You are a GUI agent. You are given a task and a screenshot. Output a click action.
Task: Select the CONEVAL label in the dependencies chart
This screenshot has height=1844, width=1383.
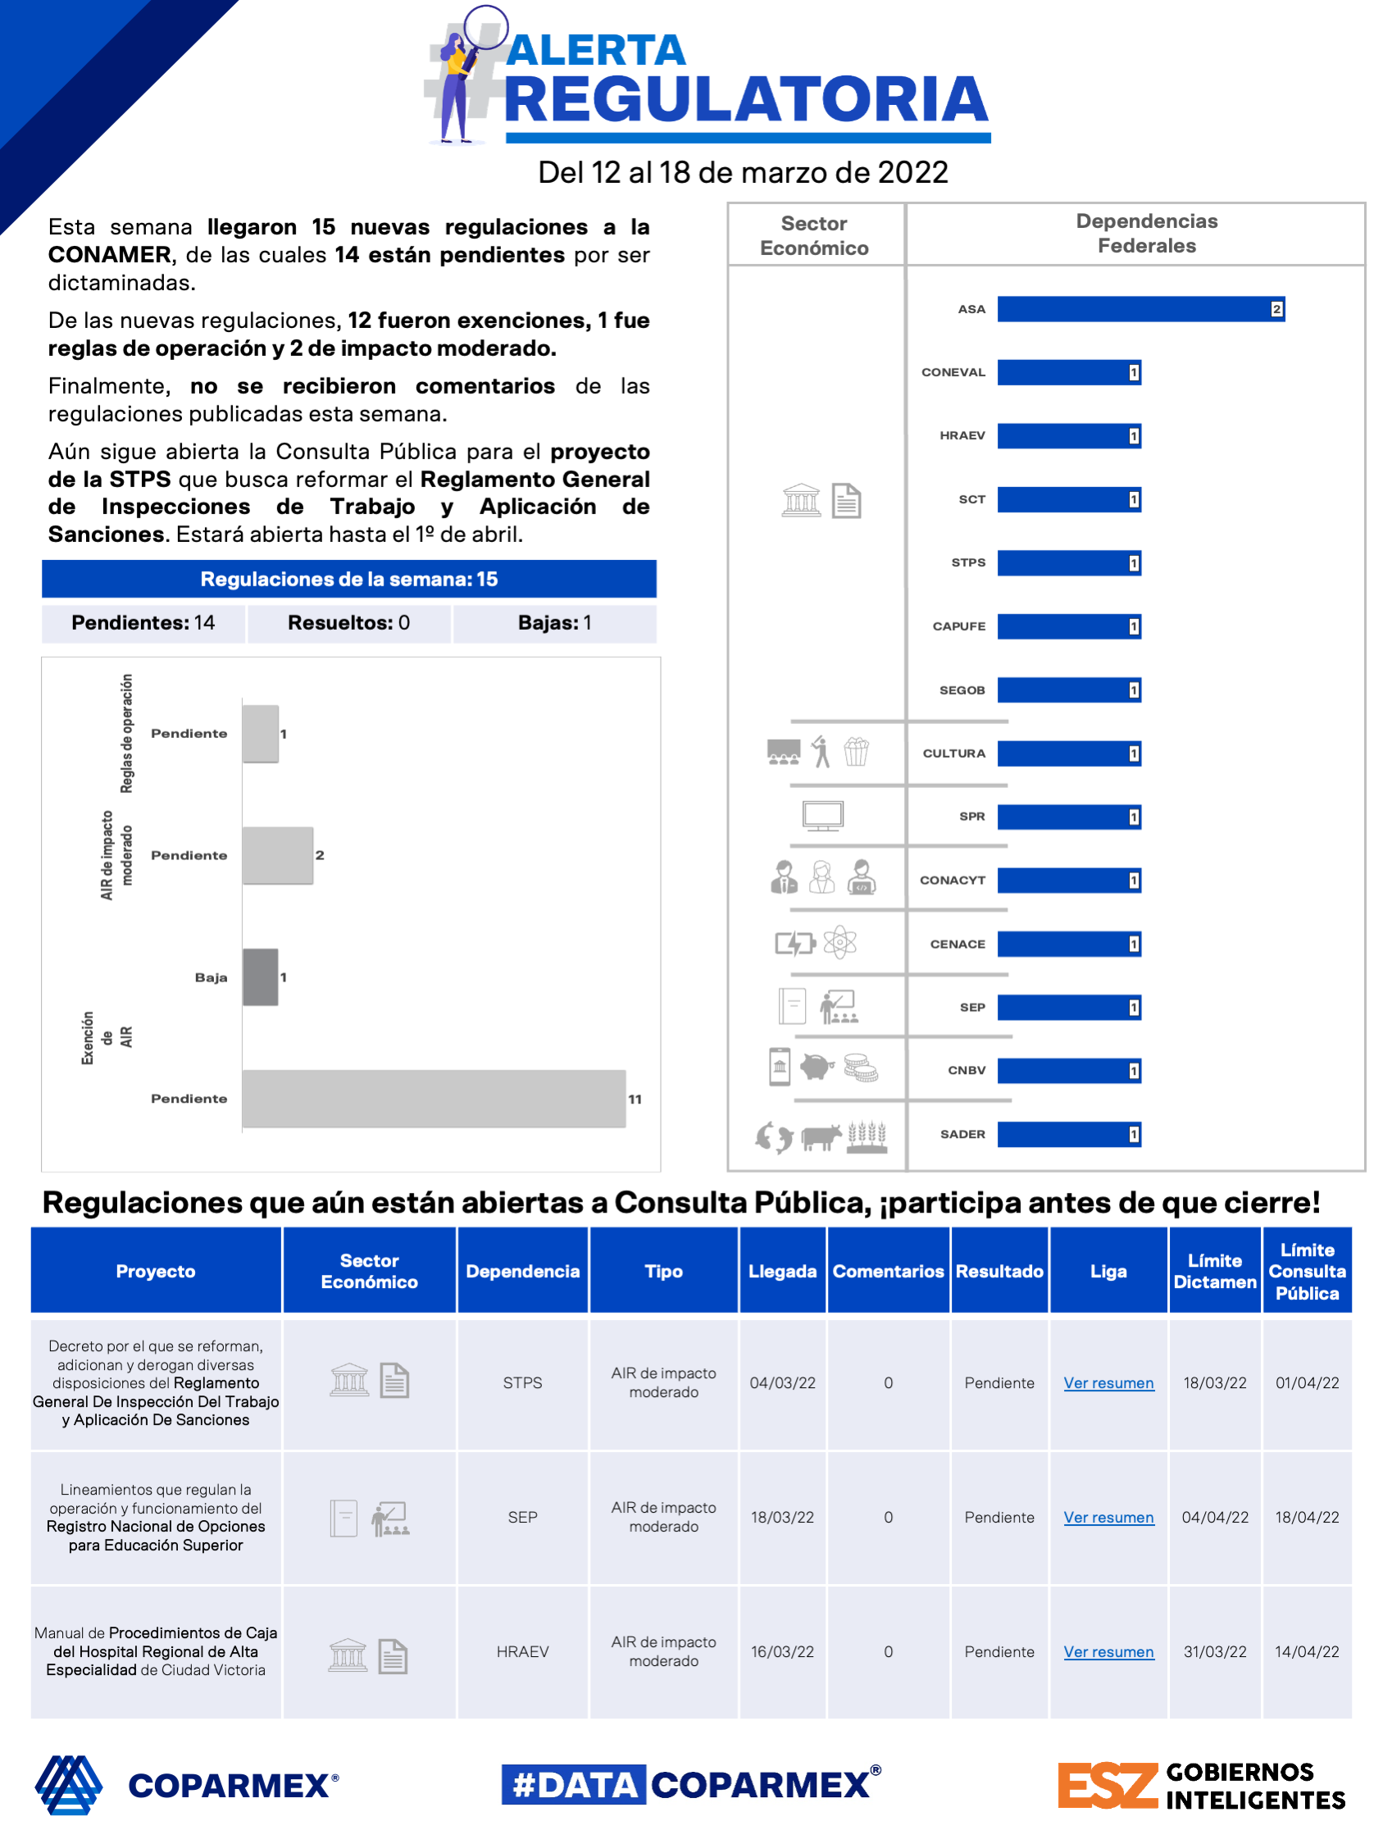point(953,372)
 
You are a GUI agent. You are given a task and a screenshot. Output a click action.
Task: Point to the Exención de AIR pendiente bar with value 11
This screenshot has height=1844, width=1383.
point(434,1099)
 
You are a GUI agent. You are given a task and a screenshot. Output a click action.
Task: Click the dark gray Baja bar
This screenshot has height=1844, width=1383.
point(260,977)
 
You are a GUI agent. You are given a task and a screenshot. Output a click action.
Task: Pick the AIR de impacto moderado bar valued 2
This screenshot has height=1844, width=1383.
point(278,855)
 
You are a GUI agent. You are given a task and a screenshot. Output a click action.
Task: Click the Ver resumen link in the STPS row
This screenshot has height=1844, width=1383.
point(1108,1383)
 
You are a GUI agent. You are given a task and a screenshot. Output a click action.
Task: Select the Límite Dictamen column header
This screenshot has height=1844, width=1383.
point(1215,1272)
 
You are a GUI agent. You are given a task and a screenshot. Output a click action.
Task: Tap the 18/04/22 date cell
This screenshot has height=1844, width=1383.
point(1306,1517)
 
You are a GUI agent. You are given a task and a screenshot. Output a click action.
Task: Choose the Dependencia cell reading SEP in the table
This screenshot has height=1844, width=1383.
point(523,1517)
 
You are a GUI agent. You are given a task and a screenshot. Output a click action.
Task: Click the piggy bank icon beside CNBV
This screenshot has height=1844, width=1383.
point(817,1067)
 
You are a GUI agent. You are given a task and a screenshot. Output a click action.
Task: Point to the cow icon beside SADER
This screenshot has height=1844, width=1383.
point(821,1136)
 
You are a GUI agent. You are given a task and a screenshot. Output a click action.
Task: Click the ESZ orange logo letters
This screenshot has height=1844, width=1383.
point(1107,1785)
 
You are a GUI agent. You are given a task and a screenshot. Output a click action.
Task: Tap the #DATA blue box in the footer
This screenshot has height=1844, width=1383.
point(574,1785)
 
